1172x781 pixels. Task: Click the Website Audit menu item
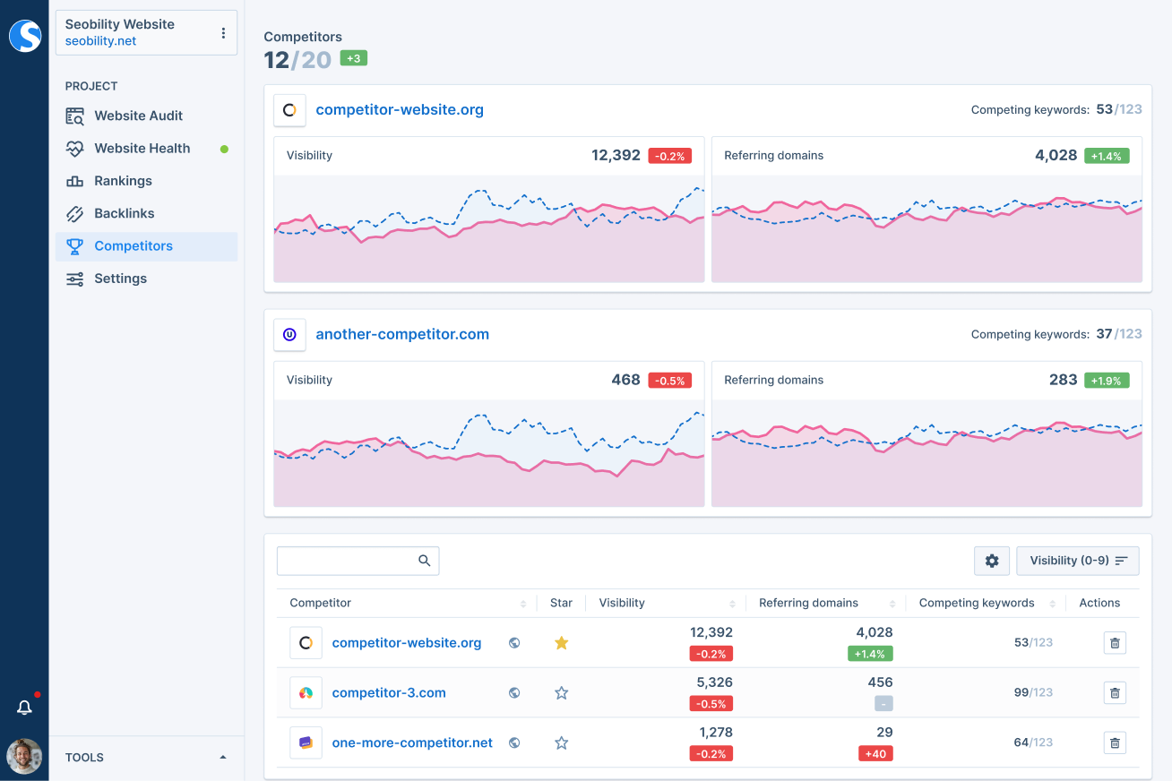(138, 116)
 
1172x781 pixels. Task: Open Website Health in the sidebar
(142, 149)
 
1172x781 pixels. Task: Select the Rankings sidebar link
(123, 181)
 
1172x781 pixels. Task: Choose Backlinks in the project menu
(124, 213)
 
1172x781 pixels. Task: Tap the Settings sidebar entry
(120, 279)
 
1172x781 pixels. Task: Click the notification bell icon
(24, 708)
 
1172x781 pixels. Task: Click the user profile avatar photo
(24, 756)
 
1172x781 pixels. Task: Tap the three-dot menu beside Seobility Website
(223, 33)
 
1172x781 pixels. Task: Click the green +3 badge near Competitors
(353, 58)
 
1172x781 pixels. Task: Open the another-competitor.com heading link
(402, 334)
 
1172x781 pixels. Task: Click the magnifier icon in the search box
(425, 561)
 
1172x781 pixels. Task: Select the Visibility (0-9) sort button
(1077, 561)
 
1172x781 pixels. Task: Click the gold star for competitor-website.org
(561, 643)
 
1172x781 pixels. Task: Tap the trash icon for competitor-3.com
(1115, 692)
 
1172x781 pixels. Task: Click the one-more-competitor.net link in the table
(412, 742)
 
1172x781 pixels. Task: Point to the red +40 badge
(874, 754)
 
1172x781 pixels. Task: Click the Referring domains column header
(808, 603)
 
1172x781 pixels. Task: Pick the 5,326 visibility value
(714, 682)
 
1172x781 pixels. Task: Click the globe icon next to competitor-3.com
(514, 692)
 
